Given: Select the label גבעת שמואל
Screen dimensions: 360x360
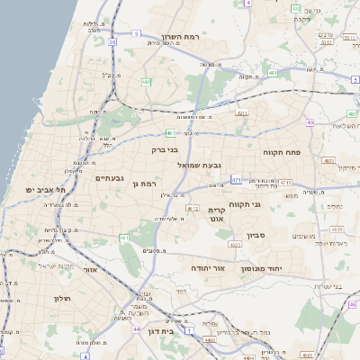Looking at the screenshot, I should click(220, 164).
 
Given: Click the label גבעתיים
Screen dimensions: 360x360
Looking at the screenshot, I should click(115, 178).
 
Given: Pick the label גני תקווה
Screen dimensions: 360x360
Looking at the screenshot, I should click(269, 203).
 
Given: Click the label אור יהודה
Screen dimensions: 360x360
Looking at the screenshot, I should click(207, 267).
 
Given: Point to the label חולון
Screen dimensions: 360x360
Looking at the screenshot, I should click(61, 298).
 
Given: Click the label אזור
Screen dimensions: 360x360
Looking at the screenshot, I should click(89, 269).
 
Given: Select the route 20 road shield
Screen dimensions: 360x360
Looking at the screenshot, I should click(112, 41).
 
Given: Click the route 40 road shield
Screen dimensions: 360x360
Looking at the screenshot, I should click(310, 122).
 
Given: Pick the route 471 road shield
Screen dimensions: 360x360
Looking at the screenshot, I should click(236, 179).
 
